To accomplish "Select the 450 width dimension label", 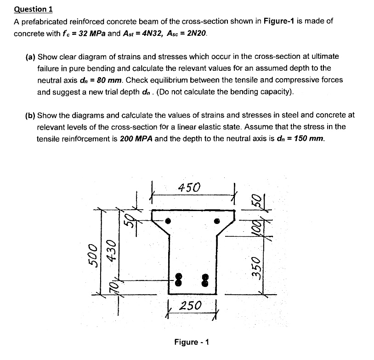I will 189,188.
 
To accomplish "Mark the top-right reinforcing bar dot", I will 217,221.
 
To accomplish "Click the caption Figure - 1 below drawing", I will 192,342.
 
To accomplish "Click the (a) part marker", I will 30,57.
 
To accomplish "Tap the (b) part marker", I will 30,115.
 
